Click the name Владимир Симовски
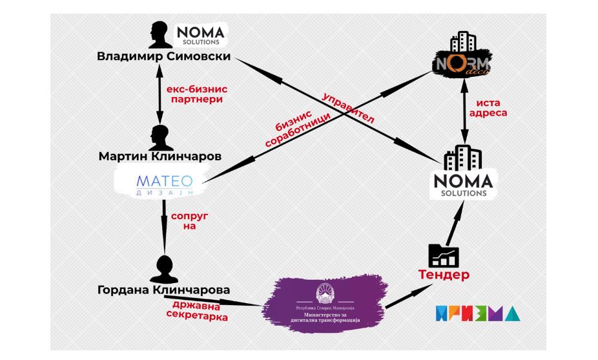tap(163, 56)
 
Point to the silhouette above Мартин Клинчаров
tap(160, 136)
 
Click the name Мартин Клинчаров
tap(160, 156)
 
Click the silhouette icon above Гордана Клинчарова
tap(167, 268)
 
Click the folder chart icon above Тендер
tap(443, 255)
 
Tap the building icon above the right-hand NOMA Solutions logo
tap(463, 158)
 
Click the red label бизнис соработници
tap(298, 126)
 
